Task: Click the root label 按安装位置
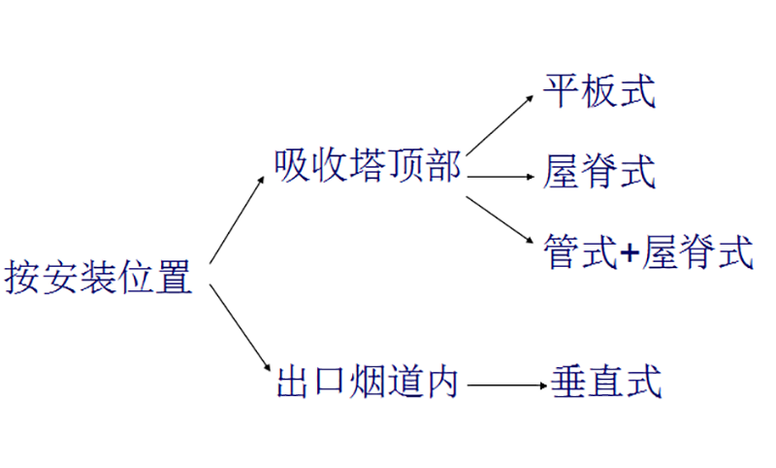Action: tap(99, 278)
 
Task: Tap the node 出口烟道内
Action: tap(366, 382)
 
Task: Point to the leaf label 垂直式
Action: tap(607, 382)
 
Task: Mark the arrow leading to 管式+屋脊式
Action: tap(501, 220)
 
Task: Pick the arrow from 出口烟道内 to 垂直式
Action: tap(505, 385)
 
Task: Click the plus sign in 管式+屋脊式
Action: tap(630, 254)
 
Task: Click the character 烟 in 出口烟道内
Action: tap(366, 382)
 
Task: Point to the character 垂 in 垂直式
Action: tap(569, 382)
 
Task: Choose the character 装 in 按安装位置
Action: tap(99, 278)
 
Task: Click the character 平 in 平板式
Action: tap(563, 94)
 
